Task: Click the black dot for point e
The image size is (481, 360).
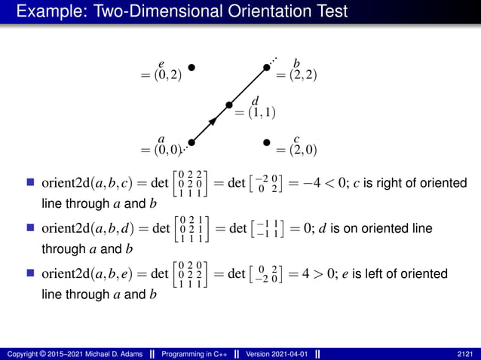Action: coord(191,67)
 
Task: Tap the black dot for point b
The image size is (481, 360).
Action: coord(266,67)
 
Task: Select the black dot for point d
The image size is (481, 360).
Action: coord(228,105)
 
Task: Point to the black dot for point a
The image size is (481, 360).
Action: coord(191,142)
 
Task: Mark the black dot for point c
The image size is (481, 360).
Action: coord(266,142)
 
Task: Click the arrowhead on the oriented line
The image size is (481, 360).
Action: coord(213,120)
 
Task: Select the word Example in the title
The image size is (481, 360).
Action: coord(47,11)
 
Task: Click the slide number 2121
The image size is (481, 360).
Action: coord(466,354)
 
